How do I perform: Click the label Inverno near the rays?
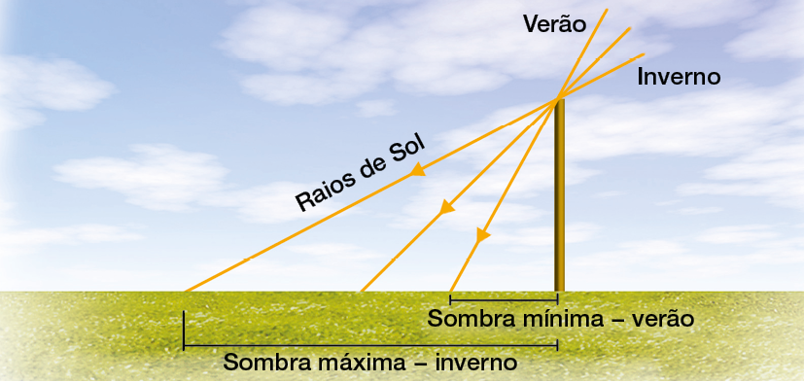click(679, 77)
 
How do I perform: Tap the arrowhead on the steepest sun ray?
click(482, 234)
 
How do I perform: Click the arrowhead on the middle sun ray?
click(446, 207)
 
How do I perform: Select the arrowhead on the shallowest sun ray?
click(419, 171)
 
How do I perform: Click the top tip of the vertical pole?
click(559, 100)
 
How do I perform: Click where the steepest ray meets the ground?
click(450, 291)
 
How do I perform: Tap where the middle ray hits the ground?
click(361, 291)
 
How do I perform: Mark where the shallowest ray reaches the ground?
click(185, 291)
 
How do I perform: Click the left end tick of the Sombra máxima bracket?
click(184, 330)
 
